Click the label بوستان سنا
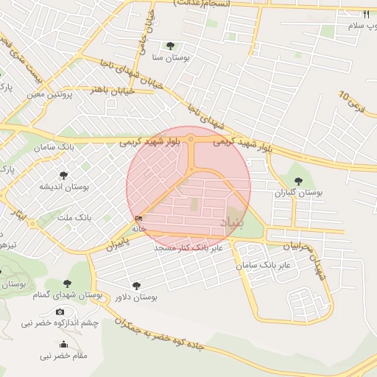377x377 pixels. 171,57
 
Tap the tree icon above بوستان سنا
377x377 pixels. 171,46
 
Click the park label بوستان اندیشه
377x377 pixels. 64,187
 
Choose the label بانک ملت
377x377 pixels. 74,218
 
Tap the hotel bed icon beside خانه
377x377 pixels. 139,218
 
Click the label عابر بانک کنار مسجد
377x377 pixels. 188,248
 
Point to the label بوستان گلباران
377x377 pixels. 299,192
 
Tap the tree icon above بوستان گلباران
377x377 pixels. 298,180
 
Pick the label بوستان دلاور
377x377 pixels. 136,297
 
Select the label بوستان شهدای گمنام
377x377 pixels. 67,295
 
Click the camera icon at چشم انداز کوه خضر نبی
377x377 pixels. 60,312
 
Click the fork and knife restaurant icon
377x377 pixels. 366,14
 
